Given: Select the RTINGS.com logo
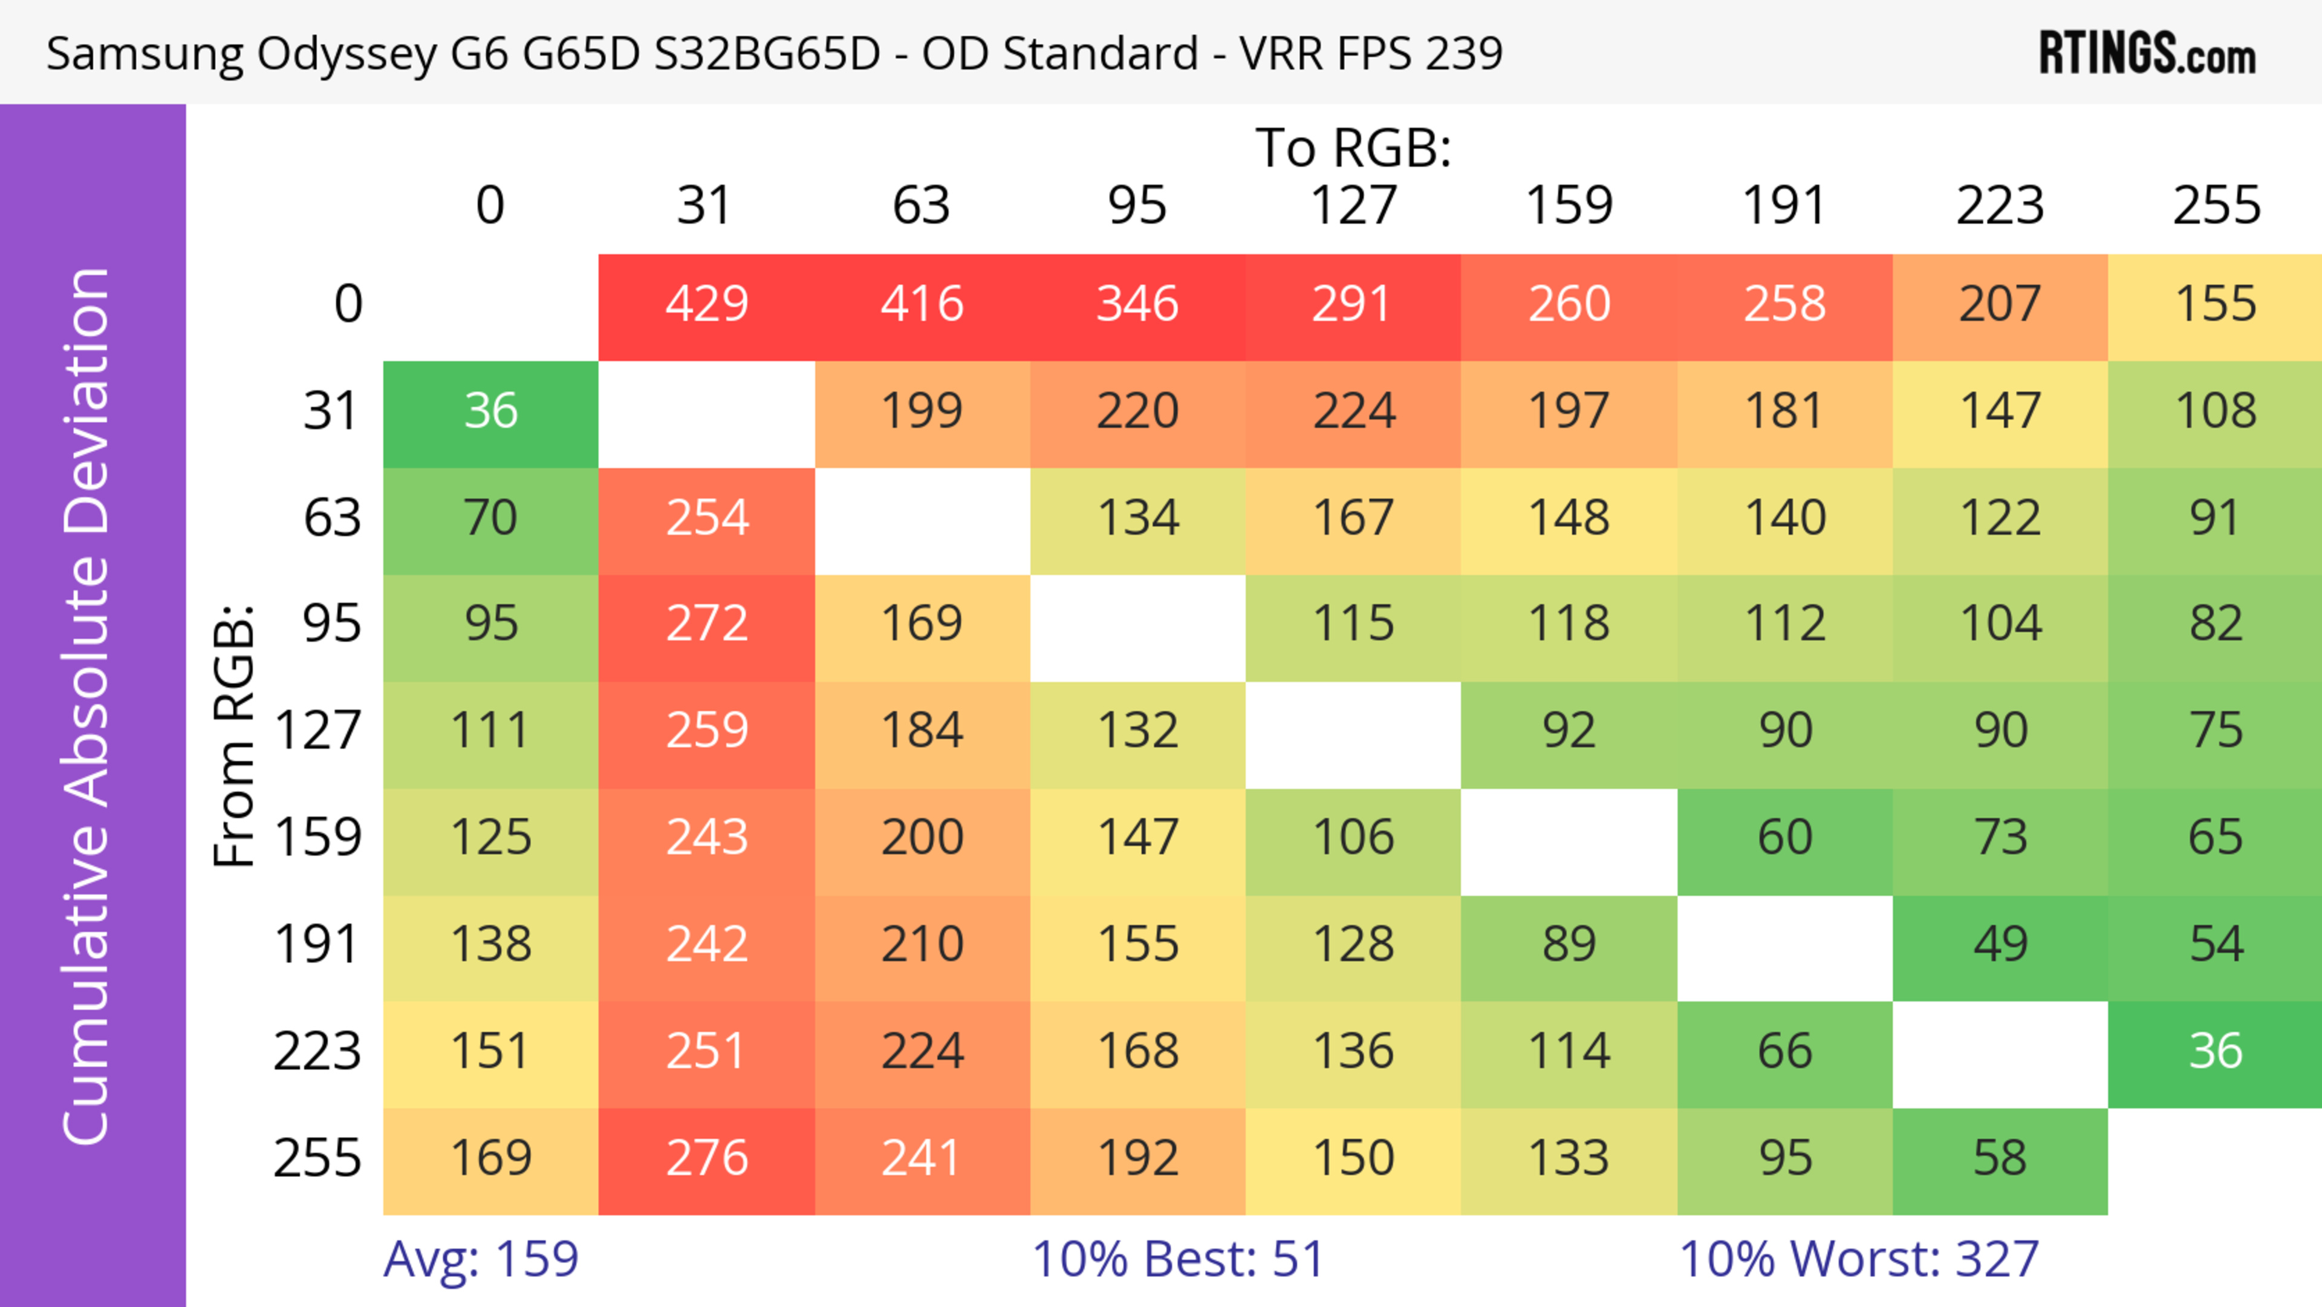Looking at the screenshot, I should pyautogui.click(x=2147, y=54).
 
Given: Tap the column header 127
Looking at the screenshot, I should pyautogui.click(x=1353, y=206).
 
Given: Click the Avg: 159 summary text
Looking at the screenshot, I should pyautogui.click(x=481, y=1259).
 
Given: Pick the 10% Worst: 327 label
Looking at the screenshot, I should pyautogui.click(x=1859, y=1259).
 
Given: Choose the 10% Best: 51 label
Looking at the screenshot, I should pyautogui.click(x=1177, y=1259).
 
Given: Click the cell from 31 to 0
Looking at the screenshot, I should pyautogui.click(x=490, y=412).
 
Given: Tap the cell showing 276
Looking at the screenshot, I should pyautogui.click(x=707, y=1158).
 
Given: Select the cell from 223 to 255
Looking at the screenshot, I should pyautogui.click(x=2216, y=1052).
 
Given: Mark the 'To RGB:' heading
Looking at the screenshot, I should pyautogui.click(x=1353, y=148).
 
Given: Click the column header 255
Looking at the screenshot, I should pyautogui.click(x=2216, y=206).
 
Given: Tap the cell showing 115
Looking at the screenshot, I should pyautogui.click(x=1353, y=624).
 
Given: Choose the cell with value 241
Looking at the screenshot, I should pyautogui.click(x=922, y=1158).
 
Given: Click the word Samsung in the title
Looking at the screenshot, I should pyautogui.click(x=145, y=54).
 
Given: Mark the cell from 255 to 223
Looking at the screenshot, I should pyautogui.click(x=2000, y=1158).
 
